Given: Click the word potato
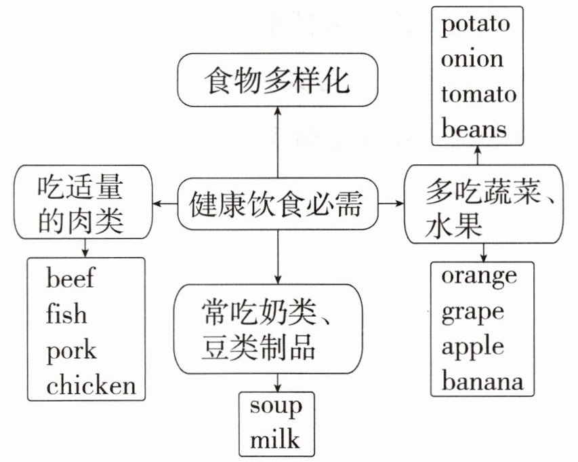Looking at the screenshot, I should click(x=474, y=25).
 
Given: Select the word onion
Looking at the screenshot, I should click(x=472, y=59).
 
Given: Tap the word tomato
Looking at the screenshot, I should click(x=478, y=94).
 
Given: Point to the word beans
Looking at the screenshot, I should click(x=474, y=128).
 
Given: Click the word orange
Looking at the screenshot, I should click(x=478, y=277).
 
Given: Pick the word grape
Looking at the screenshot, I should click(x=472, y=311).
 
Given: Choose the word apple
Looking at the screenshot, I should click(x=473, y=346).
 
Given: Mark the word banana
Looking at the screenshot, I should click(x=482, y=381).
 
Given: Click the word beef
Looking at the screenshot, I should click(x=70, y=278).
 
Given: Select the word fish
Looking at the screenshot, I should click(x=66, y=314).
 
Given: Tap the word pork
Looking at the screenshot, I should click(x=71, y=351).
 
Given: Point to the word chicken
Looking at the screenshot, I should click(x=91, y=385).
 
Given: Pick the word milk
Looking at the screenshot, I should click(x=274, y=439).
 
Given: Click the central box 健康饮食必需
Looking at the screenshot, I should click(x=277, y=203).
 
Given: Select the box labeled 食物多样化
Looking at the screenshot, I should click(x=277, y=82).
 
